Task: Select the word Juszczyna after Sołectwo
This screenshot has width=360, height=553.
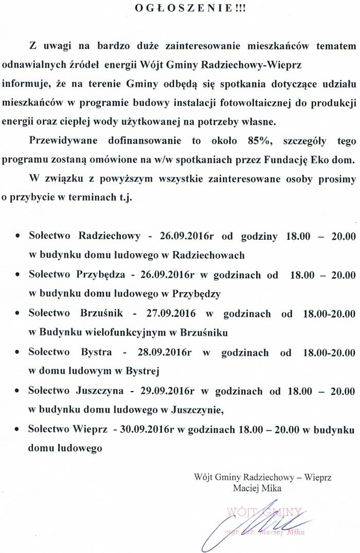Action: pyautogui.click(x=100, y=390)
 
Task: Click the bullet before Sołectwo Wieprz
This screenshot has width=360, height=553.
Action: pyautogui.click(x=18, y=429)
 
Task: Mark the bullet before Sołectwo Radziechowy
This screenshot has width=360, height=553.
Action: pyautogui.click(x=18, y=237)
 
